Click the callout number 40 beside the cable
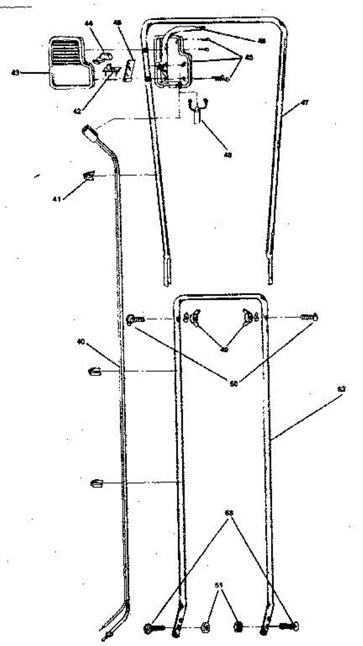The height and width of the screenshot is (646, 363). [81, 341]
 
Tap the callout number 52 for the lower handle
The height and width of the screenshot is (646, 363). [341, 388]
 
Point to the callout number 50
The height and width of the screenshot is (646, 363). [233, 383]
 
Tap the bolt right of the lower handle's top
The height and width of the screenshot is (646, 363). [309, 318]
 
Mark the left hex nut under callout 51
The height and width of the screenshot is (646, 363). [205, 627]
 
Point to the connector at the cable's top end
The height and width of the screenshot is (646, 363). [89, 131]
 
